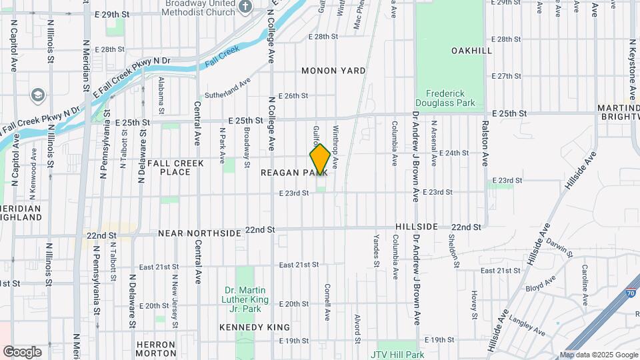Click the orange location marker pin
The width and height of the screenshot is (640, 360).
[320, 160]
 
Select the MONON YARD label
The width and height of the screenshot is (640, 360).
[333, 71]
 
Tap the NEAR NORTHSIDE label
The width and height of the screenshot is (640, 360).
[199, 233]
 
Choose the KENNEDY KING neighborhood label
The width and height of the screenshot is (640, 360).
[255, 327]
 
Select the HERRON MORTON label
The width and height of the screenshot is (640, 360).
[156, 348]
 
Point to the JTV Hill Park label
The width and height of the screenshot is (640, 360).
[399, 355]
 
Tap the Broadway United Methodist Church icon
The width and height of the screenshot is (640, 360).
[245, 7]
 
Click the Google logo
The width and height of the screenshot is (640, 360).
[22, 352]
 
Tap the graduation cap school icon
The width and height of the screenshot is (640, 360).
[37, 95]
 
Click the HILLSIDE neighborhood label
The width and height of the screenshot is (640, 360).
[416, 227]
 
